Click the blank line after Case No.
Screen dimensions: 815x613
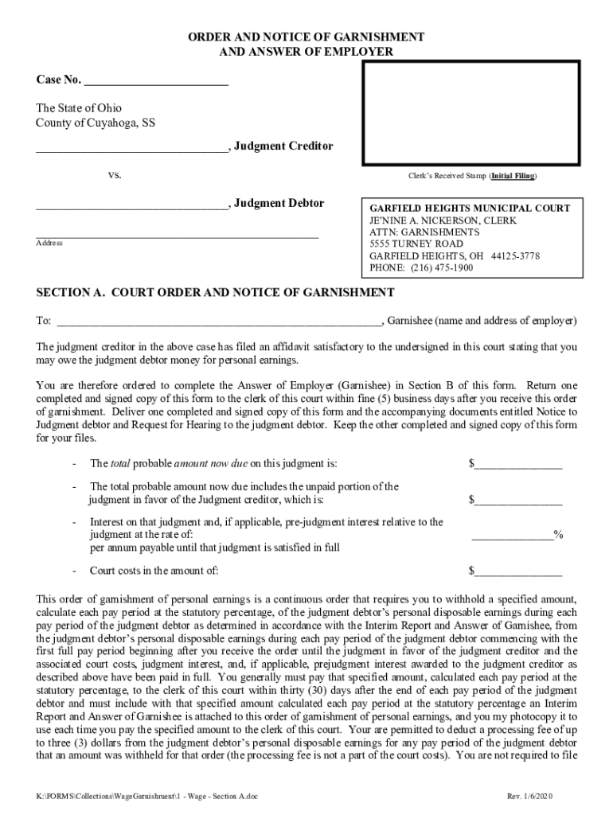[x=155, y=81]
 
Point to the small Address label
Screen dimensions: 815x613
[x=49, y=243]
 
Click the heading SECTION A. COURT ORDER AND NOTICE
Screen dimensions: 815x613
[x=215, y=292]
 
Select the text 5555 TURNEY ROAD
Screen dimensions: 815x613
[x=416, y=244]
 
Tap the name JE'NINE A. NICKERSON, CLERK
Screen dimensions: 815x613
[x=443, y=220]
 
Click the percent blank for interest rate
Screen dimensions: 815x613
[x=513, y=536]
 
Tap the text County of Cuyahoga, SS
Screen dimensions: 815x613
[x=96, y=123]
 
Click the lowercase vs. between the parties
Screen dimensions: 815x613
[x=115, y=175]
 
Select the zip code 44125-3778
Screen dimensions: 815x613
[x=516, y=256]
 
